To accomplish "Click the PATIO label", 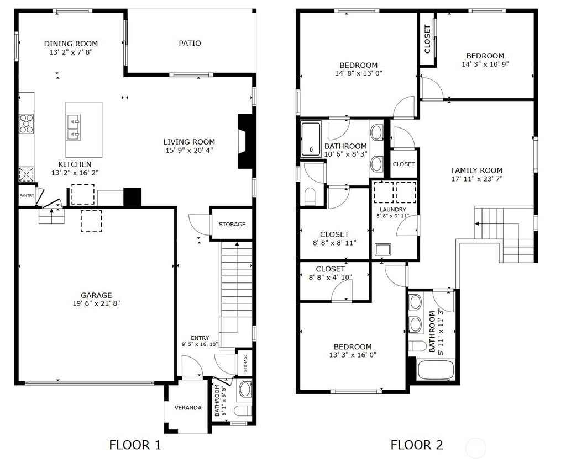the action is pyautogui.click(x=190, y=43).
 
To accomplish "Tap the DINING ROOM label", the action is pyautogui.click(x=71, y=44).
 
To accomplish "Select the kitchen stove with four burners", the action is pyautogui.click(x=27, y=124).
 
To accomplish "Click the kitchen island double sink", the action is pyautogui.click(x=74, y=127).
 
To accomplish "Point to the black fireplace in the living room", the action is pyautogui.click(x=244, y=142).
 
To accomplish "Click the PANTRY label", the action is pyautogui.click(x=27, y=196).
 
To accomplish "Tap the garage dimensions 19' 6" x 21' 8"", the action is pyautogui.click(x=96, y=303).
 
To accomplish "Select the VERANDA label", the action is pyautogui.click(x=188, y=408).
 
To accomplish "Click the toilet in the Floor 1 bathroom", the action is pyautogui.click(x=243, y=410).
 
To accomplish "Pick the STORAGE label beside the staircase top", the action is pyautogui.click(x=232, y=224).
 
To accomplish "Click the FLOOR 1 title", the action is pyautogui.click(x=135, y=445).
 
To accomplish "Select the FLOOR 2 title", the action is pyautogui.click(x=417, y=445).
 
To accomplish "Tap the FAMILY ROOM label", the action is pyautogui.click(x=477, y=170).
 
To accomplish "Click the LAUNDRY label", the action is pyautogui.click(x=393, y=210).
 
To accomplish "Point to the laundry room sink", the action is pyautogui.click(x=382, y=249).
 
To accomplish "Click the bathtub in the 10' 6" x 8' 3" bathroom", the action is pyautogui.click(x=311, y=140).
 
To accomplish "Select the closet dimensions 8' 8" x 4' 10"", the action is pyautogui.click(x=331, y=278).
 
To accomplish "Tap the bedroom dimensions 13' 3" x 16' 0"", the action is pyautogui.click(x=353, y=355).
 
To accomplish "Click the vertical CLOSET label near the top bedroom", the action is pyautogui.click(x=427, y=39).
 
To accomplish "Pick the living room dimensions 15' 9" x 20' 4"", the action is pyautogui.click(x=189, y=150).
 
